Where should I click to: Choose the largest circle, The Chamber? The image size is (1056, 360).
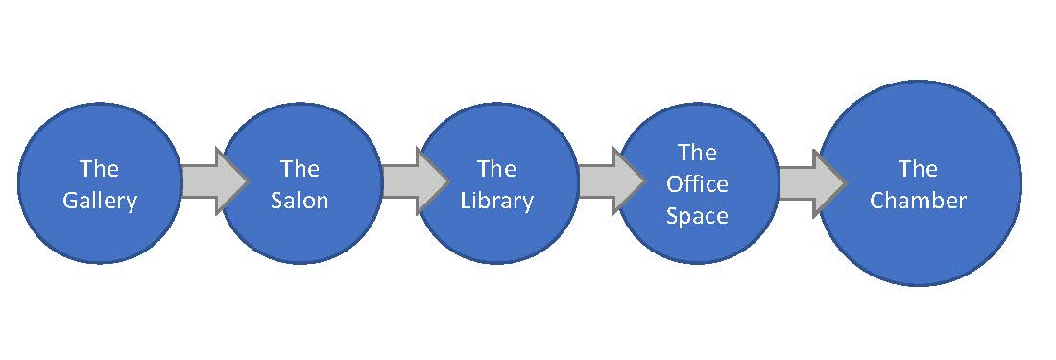(x=918, y=240)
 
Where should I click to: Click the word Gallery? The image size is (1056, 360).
(x=99, y=202)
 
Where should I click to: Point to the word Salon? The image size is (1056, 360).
(x=300, y=201)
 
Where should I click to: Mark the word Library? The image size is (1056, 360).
(x=497, y=202)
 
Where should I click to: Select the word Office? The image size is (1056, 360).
(x=697, y=184)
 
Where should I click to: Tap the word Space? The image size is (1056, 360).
(x=697, y=216)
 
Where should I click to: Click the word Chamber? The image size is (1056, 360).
(x=918, y=201)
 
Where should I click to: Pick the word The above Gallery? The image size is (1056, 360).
(x=99, y=169)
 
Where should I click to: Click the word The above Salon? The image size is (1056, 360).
(x=300, y=169)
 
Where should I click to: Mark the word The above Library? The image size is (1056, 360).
(x=497, y=169)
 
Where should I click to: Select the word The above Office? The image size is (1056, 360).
(x=697, y=152)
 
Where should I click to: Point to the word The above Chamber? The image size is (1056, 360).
(x=918, y=169)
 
